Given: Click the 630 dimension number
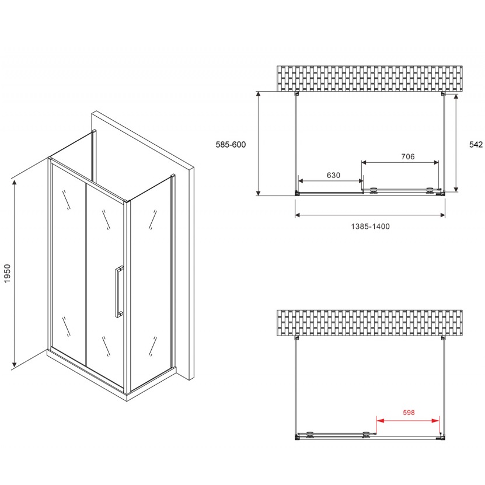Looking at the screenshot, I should [333, 175].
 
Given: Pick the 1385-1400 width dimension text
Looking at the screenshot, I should [370, 226].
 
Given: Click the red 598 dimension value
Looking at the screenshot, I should [408, 413].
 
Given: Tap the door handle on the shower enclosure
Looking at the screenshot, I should [119, 291].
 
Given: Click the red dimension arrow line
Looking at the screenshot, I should [407, 420].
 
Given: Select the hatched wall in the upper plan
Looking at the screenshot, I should [370, 78].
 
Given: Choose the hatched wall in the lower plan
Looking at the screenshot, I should [370, 323].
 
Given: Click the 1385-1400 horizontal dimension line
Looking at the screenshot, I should [370, 215].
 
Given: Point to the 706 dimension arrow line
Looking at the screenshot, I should [400, 163].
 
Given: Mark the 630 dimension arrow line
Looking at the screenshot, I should [330, 182].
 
